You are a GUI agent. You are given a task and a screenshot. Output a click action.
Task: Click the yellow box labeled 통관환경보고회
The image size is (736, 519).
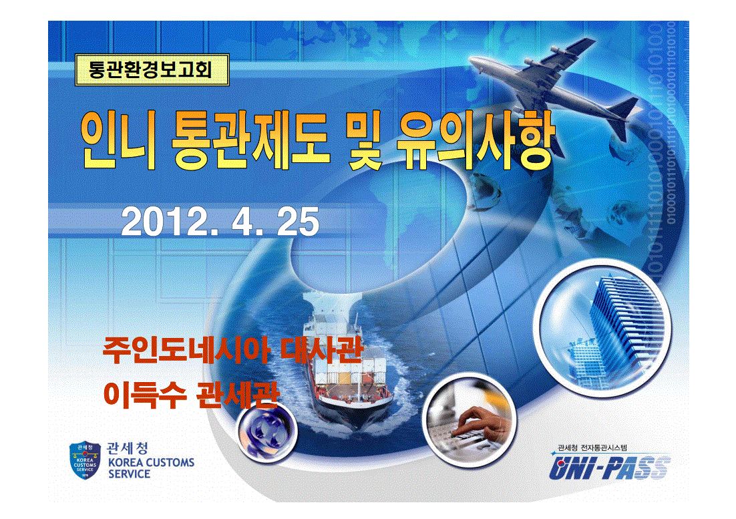[x=152, y=70]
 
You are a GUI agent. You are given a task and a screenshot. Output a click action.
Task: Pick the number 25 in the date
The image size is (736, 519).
[x=299, y=222]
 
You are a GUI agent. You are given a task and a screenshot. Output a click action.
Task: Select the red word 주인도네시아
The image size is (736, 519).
[x=186, y=350]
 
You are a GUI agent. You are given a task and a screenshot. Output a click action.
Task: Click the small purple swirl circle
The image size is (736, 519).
[x=266, y=431]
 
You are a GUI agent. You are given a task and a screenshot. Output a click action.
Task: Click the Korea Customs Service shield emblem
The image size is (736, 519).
[x=85, y=460]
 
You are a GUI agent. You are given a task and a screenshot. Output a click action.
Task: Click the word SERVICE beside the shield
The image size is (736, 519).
[x=129, y=474]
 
